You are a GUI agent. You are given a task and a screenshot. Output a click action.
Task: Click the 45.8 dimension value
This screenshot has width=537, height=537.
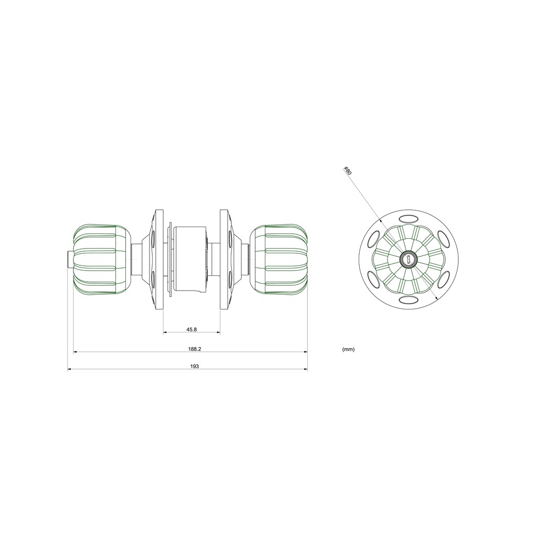(191, 329)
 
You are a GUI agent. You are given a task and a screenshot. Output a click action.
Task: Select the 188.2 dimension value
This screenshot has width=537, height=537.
(194, 349)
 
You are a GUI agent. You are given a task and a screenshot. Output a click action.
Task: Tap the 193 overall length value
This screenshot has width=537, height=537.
(194, 366)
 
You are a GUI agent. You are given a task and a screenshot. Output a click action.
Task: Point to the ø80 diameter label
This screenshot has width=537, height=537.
(347, 170)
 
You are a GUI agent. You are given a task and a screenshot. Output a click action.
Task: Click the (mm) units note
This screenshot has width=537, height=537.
(348, 349)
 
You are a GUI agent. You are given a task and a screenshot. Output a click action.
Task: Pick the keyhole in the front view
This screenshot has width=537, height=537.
(408, 259)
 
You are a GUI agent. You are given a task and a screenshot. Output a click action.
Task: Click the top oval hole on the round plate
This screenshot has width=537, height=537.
(409, 218)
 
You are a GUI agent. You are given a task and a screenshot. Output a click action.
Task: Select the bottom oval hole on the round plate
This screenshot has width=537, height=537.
(409, 300)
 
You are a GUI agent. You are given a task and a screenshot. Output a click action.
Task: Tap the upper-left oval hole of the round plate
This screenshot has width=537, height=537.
(373, 239)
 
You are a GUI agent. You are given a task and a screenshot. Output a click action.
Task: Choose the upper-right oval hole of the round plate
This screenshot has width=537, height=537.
(444, 239)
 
